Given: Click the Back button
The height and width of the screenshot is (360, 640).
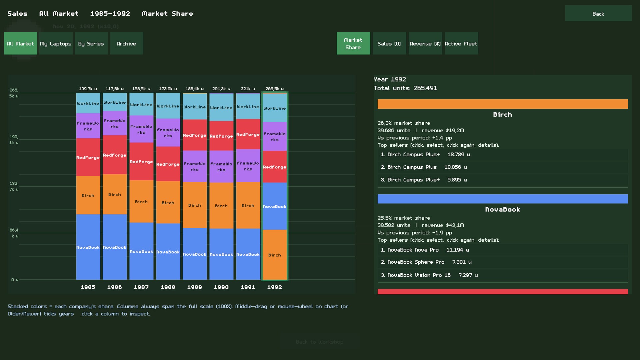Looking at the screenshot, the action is point(598,13).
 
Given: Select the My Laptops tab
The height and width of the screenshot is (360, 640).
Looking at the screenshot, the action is point(56,43).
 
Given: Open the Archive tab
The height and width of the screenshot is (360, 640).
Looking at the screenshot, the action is point(126,43).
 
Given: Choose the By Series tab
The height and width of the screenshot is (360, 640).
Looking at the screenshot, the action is point(91,43).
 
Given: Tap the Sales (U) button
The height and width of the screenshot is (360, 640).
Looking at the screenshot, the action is point(389,43).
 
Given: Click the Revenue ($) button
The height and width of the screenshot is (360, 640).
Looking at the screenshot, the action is point(425,43).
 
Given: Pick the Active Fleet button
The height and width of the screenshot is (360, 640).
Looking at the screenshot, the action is point(461,43).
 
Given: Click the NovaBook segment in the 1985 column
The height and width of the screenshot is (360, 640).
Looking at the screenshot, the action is point(88,247).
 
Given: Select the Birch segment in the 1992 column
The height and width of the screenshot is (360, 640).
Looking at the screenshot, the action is point(275,255).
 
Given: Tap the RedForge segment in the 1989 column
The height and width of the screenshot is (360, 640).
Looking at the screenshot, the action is point(195,135).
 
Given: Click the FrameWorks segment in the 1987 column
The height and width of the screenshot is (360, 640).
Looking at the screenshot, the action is point(141,129).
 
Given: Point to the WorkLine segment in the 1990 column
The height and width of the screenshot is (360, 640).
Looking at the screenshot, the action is point(221,107).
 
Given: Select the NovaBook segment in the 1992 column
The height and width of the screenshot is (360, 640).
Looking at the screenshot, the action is point(275,206).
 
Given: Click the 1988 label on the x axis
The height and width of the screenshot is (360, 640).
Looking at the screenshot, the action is point(168,287).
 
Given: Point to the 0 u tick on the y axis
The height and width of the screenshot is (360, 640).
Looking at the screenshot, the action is point(15,280).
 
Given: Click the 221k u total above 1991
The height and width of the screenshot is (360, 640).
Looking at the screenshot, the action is point(248,89).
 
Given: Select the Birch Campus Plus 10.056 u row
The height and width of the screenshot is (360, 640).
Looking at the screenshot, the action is point(503,167).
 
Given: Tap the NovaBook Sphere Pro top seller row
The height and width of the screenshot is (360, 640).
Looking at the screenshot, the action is point(503,262).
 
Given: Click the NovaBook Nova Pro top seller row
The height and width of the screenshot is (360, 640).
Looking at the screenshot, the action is point(503,250).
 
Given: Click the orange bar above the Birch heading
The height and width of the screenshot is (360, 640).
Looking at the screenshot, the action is point(503,104).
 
